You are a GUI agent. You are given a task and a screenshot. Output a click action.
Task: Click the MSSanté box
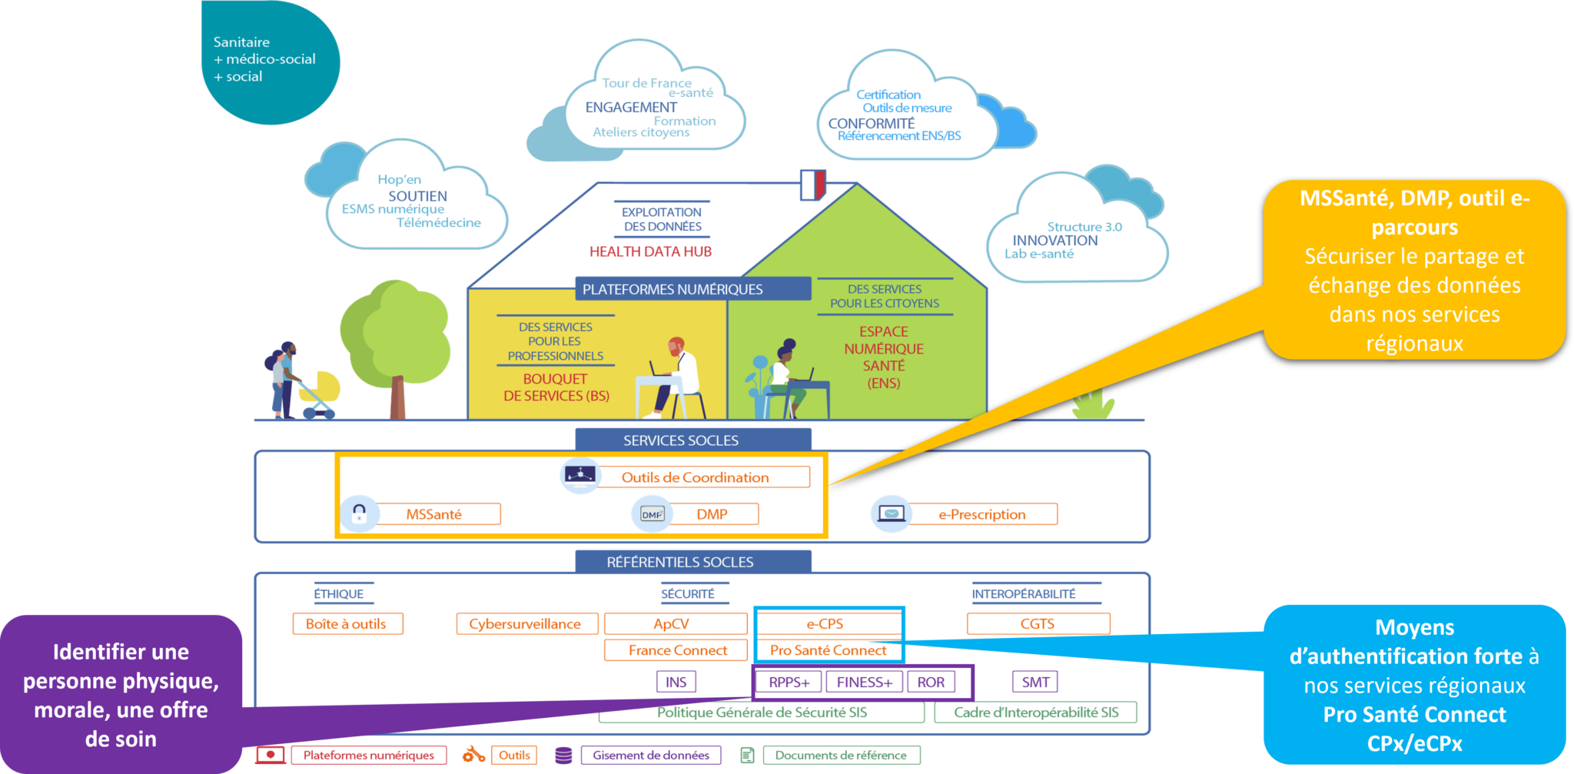(434, 514)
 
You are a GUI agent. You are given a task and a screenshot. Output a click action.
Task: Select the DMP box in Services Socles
(712, 514)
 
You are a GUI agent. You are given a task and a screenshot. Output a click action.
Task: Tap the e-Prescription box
(981, 514)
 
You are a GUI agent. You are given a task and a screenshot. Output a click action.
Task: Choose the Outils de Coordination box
(695, 477)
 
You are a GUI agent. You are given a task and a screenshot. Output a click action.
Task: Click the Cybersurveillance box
(526, 624)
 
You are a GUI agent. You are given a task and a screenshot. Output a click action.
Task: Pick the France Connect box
(676, 650)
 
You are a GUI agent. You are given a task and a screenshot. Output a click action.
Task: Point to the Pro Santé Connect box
(828, 650)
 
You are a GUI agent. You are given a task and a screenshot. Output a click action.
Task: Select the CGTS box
(1038, 624)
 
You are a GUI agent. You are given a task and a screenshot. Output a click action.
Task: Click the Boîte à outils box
(347, 624)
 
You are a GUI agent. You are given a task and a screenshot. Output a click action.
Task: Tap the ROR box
(931, 682)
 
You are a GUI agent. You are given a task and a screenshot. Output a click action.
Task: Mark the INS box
(676, 682)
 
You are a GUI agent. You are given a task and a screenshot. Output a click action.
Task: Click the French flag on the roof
(812, 185)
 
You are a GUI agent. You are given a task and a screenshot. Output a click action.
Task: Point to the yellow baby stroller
(320, 391)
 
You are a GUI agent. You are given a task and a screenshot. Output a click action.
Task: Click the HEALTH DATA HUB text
(650, 251)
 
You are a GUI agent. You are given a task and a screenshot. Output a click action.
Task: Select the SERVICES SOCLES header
(681, 440)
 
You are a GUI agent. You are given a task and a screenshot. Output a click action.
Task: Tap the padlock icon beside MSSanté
(359, 513)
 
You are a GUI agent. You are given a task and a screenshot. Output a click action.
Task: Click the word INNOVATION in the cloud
(1055, 241)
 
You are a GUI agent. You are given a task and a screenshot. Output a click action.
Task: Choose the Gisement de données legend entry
(650, 756)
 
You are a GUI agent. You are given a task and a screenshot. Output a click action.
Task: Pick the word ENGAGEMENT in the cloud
(631, 108)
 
